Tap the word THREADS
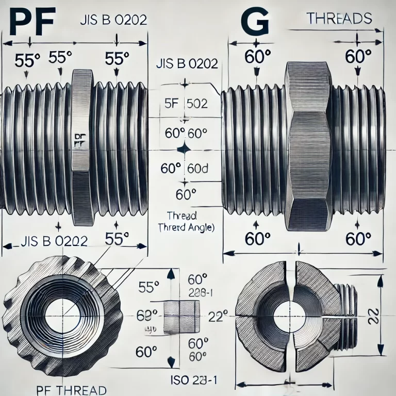point(339,19)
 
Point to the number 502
point(196,103)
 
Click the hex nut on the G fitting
point(309,147)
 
